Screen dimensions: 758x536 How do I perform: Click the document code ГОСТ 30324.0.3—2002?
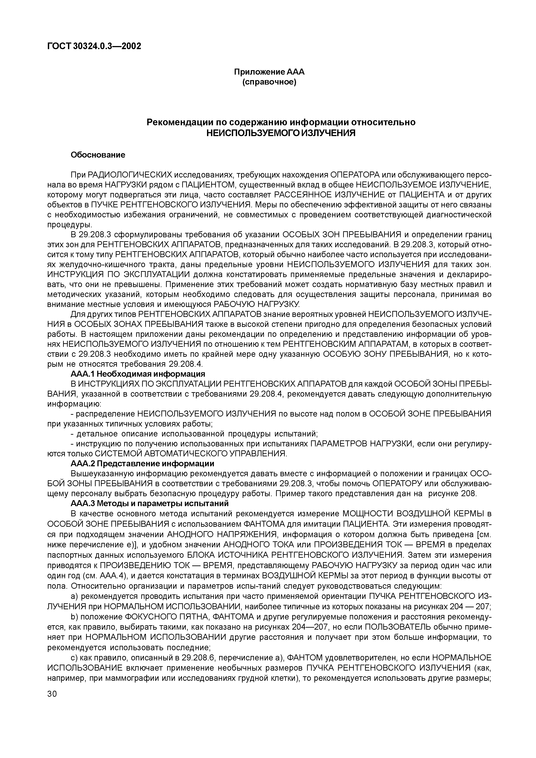(x=94, y=46)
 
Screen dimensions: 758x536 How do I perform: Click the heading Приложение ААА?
(x=269, y=72)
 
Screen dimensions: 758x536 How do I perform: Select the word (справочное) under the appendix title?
(x=269, y=82)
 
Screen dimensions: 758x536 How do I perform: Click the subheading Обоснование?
(x=98, y=155)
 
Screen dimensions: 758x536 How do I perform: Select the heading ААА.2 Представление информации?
(x=142, y=463)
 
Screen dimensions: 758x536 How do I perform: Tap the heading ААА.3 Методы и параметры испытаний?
(x=150, y=503)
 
